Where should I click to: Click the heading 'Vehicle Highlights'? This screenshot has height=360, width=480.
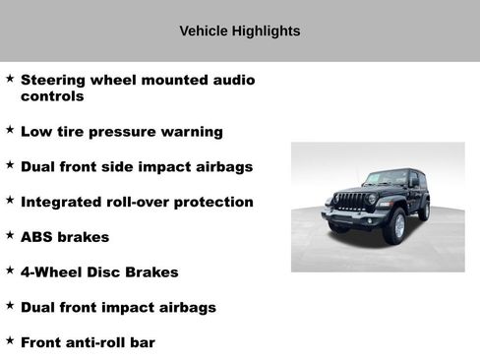240,30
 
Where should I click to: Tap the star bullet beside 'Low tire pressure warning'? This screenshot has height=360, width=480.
9,130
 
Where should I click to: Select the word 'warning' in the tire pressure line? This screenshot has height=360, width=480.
192,132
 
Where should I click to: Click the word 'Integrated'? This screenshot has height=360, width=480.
65,202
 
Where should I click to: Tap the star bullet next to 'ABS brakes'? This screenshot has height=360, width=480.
9,236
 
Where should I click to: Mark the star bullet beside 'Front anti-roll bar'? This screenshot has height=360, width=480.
9,341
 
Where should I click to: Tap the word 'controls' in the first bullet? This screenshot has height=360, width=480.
52,97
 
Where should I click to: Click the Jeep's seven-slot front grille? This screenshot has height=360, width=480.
351,202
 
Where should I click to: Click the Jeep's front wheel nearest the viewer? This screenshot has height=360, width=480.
394,227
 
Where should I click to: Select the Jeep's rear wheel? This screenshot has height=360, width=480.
424,209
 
